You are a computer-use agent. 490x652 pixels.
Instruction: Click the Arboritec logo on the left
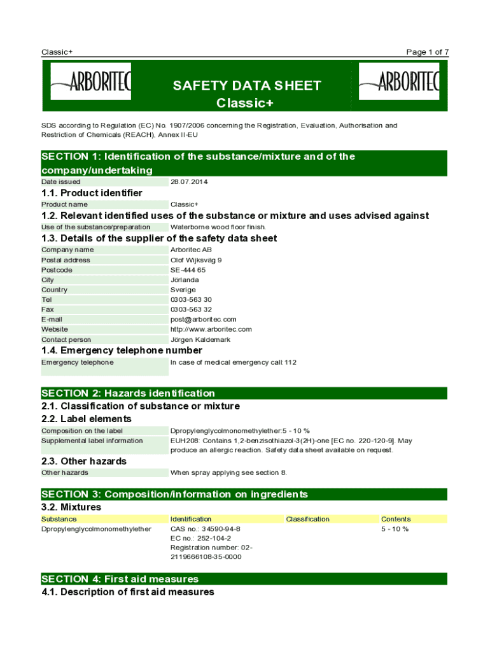click(91, 81)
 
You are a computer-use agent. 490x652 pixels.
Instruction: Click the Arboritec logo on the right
click(399, 81)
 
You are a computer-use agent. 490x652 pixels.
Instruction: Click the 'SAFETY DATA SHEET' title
click(247, 85)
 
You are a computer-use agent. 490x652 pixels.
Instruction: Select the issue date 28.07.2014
click(189, 182)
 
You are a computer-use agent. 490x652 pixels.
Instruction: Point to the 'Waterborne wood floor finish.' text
click(218, 227)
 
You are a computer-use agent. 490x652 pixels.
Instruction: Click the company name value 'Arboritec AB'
click(191, 250)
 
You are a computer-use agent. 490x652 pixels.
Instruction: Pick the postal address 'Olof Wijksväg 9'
click(196, 260)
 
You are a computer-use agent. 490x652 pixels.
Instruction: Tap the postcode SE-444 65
click(188, 270)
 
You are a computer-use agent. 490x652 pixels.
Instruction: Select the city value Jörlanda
click(185, 280)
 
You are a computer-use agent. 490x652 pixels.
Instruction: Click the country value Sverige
click(183, 290)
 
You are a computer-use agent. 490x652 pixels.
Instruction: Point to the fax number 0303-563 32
click(191, 309)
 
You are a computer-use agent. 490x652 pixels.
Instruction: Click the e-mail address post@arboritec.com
click(204, 320)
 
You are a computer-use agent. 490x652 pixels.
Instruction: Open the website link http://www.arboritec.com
click(211, 329)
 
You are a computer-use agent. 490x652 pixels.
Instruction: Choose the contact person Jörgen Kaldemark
click(200, 340)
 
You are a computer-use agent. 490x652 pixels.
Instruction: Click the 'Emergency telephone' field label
click(78, 362)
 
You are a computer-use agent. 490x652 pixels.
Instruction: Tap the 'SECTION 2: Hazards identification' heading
click(129, 393)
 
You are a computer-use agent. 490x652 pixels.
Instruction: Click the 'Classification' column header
click(308, 520)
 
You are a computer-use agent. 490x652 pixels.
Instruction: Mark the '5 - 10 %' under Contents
click(395, 529)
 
